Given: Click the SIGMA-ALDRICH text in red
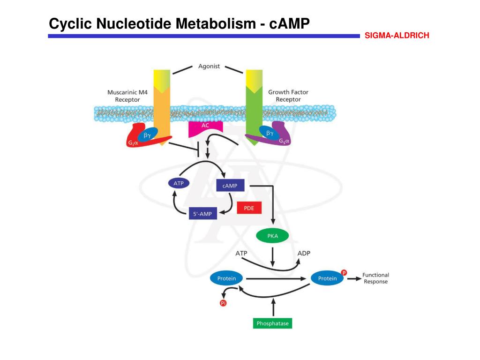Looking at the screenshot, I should (397, 36).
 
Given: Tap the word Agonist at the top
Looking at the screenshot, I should (209, 66).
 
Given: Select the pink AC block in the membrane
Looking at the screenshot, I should (205, 128).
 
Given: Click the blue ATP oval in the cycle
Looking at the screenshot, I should (179, 183).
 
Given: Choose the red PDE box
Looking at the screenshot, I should (249, 208).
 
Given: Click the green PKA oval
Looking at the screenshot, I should (273, 236).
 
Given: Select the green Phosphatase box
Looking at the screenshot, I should (272, 323).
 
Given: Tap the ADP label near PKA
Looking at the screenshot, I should (304, 253).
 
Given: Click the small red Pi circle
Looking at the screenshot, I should (223, 303).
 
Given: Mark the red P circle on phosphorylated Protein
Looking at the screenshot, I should (344, 272).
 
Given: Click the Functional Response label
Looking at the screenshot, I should (375, 278).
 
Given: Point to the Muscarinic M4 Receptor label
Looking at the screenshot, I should (127, 96).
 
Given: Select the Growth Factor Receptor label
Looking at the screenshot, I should (288, 96).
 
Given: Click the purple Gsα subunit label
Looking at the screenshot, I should (285, 141).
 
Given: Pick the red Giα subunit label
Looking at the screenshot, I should (133, 142).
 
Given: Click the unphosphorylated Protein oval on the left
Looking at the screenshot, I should (226, 278).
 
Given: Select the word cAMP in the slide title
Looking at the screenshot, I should (290, 23).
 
